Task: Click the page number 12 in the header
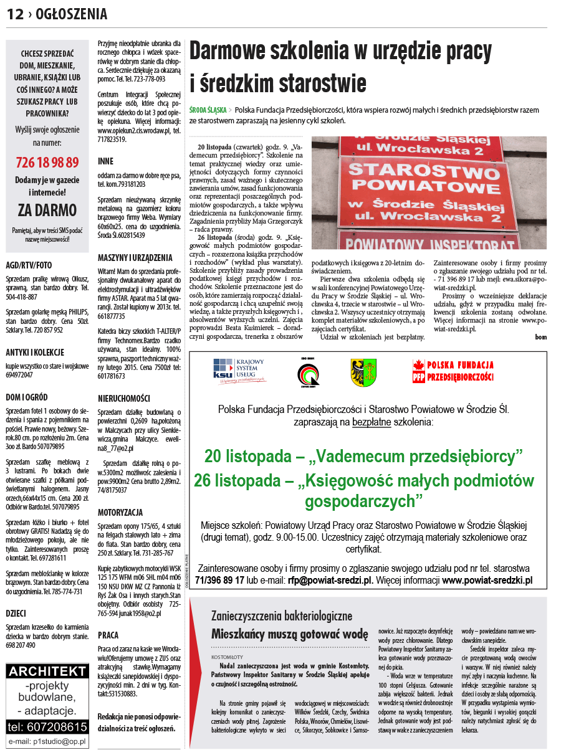[x=15, y=14]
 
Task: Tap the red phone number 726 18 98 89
[x=47, y=163]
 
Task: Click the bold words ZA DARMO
[x=47, y=209]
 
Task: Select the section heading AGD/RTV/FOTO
[x=29, y=264]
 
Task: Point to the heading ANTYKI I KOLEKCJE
[x=35, y=352]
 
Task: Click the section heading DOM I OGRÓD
[x=27, y=397]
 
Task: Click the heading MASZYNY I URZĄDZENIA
[x=135, y=257]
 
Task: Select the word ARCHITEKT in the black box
[x=47, y=671]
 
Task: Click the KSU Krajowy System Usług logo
[x=239, y=369]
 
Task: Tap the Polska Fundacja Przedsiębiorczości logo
[x=453, y=371]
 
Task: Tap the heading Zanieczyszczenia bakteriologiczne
[x=282, y=616]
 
